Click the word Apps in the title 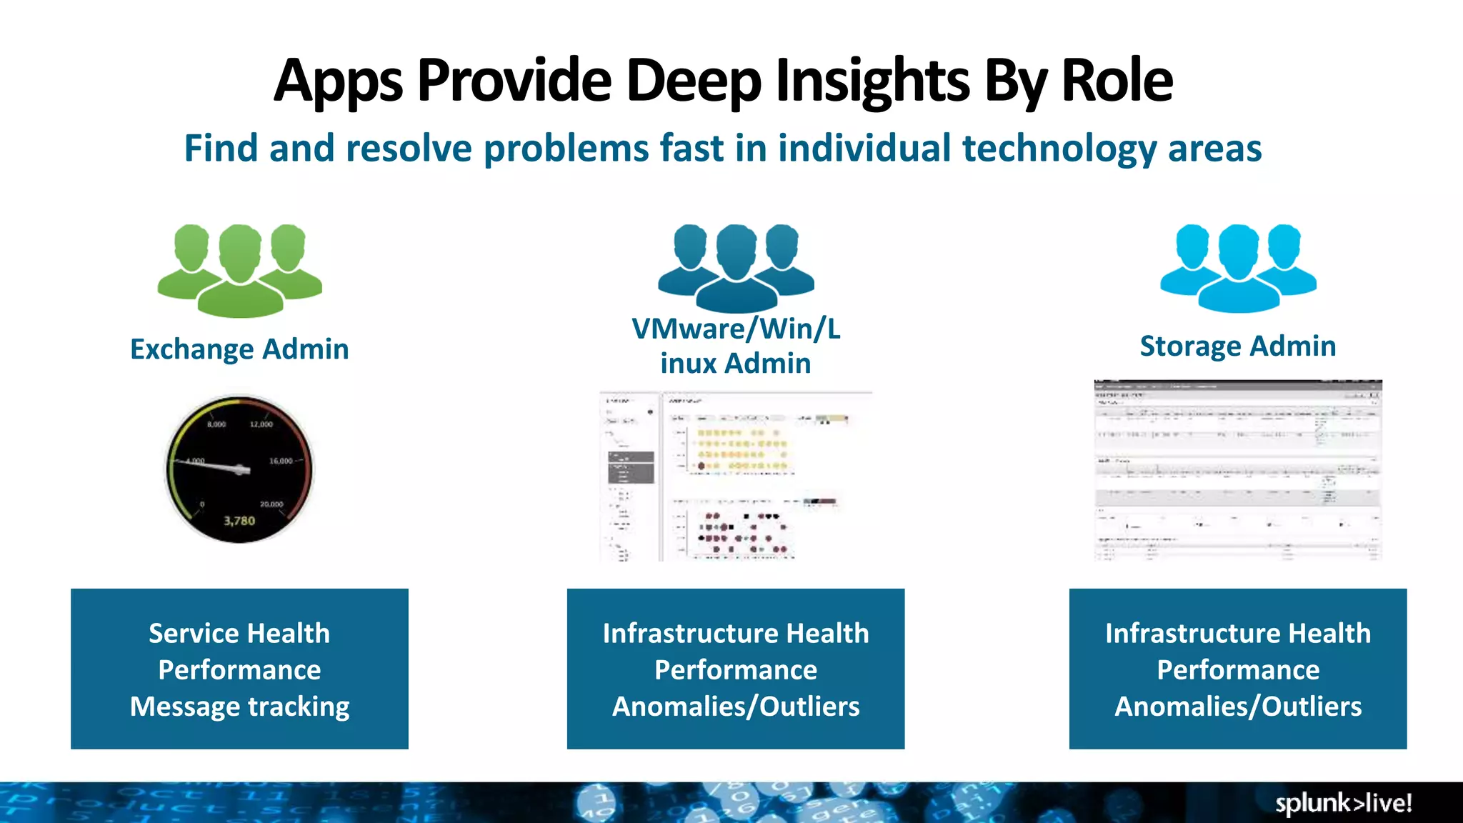tap(338, 81)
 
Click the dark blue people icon tap(736, 267)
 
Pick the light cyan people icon tap(1238, 267)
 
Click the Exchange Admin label tap(239, 349)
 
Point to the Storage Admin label tap(1238, 346)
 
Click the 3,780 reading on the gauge tap(239, 521)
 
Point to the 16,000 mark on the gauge tap(280, 461)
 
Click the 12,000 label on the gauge tap(261, 424)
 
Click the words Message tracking tap(239, 707)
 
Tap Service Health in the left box tap(239, 634)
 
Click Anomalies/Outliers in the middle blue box tap(736, 707)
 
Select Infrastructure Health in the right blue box tap(1238, 634)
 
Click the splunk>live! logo tap(1343, 803)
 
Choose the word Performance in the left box tap(239, 670)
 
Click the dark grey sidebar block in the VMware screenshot tap(631, 467)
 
